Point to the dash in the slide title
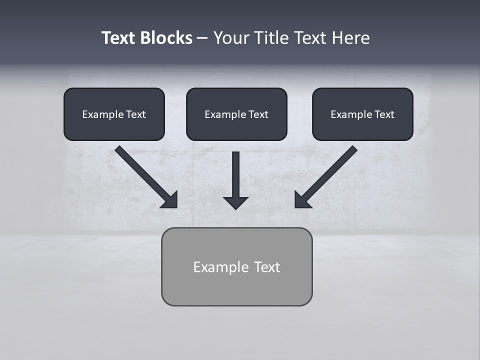coord(202,38)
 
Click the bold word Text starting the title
coord(119,38)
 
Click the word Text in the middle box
coord(258,114)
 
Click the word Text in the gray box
coord(267,267)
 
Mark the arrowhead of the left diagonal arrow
coord(170,200)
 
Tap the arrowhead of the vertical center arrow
coord(235,202)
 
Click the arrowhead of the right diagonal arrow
coord(302,200)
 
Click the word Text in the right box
coord(384,114)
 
